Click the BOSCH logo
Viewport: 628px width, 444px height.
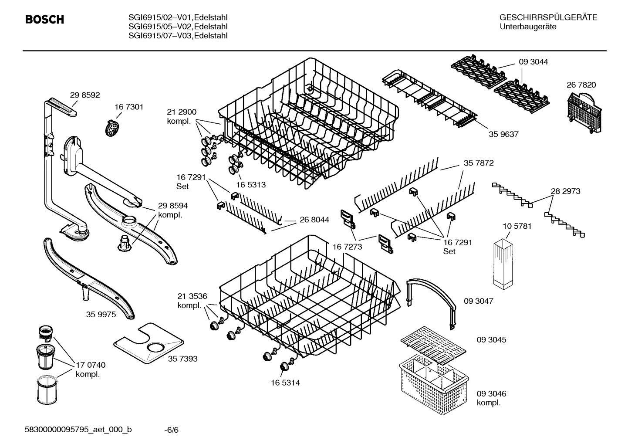pyautogui.click(x=44, y=20)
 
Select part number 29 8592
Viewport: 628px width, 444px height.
pyautogui.click(x=85, y=95)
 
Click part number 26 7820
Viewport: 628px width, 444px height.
pyautogui.click(x=581, y=85)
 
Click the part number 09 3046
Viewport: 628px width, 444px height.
pyautogui.click(x=491, y=393)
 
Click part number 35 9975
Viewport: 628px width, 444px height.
pyautogui.click(x=101, y=314)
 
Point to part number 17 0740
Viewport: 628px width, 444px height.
pyautogui.click(x=91, y=365)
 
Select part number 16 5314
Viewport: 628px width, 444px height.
pyautogui.click(x=285, y=383)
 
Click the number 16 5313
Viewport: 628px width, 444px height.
pyautogui.click(x=251, y=185)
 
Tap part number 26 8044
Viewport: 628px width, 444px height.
pyautogui.click(x=314, y=220)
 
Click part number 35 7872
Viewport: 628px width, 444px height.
pyautogui.click(x=479, y=163)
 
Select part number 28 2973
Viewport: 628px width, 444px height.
pyautogui.click(x=565, y=191)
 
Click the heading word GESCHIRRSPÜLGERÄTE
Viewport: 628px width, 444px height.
pyautogui.click(x=548, y=18)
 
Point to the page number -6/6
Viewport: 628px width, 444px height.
pyautogui.click(x=171, y=430)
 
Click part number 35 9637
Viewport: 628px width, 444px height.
pyautogui.click(x=503, y=134)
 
